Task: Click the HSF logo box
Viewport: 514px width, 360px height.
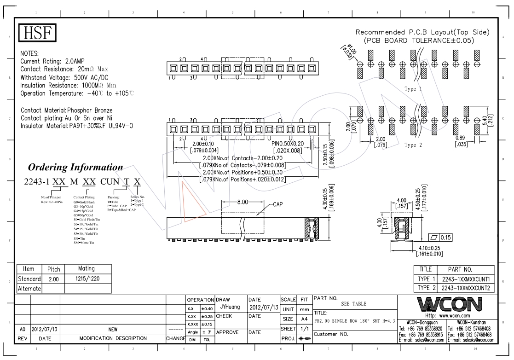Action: point(37,33)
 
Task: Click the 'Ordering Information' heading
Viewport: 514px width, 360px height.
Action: point(75,166)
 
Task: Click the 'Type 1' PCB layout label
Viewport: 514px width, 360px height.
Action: point(412,88)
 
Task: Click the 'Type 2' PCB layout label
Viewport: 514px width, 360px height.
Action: point(412,145)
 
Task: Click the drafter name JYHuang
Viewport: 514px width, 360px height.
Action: point(229,306)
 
